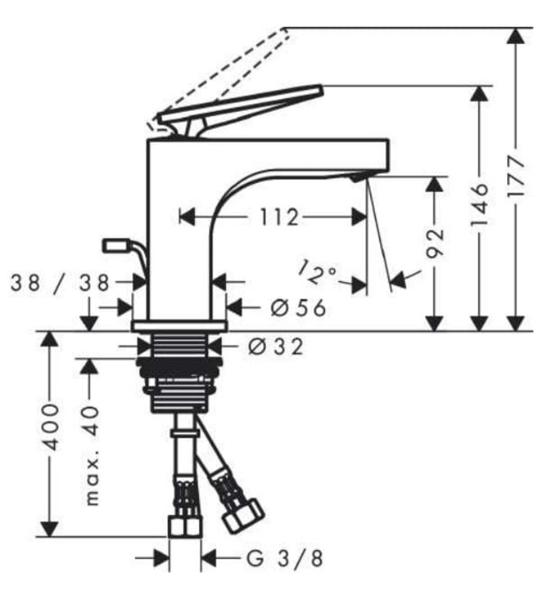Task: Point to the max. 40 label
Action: [91, 453]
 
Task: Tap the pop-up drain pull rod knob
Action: [113, 246]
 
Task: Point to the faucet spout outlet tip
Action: [360, 175]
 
